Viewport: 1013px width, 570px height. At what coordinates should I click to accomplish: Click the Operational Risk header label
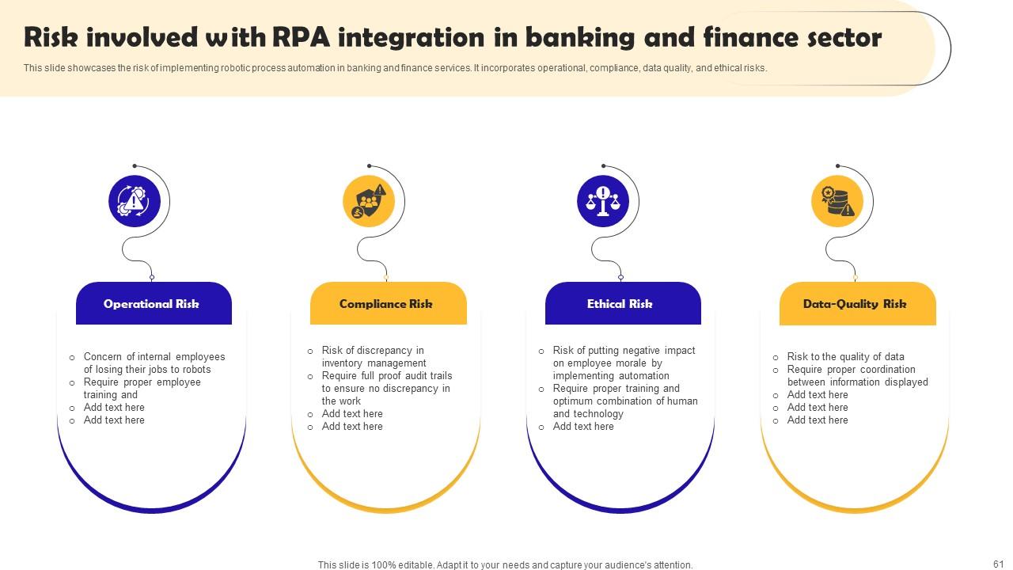point(151,304)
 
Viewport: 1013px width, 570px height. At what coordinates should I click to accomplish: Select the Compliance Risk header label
point(386,304)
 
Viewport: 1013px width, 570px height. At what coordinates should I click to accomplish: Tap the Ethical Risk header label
point(620,304)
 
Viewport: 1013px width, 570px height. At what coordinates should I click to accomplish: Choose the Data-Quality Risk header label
point(855,304)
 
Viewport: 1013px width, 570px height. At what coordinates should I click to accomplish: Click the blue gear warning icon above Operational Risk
point(134,201)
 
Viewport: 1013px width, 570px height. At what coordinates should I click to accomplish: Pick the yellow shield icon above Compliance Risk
point(369,201)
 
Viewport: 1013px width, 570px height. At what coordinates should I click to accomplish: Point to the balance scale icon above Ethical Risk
point(603,201)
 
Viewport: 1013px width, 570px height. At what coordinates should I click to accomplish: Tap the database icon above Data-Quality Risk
point(837,201)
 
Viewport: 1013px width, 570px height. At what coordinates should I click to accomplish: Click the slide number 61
point(998,564)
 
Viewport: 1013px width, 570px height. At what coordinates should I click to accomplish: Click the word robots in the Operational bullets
point(196,370)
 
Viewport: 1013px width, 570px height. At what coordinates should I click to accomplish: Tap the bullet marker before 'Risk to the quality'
point(776,358)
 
